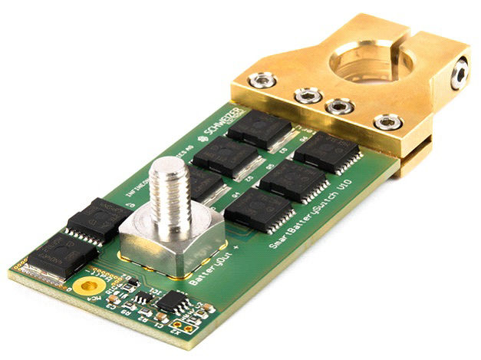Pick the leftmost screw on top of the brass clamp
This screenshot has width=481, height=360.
(x=264, y=80)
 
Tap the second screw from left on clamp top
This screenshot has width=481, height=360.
(x=308, y=96)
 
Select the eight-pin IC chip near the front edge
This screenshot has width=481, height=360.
(x=173, y=301)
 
